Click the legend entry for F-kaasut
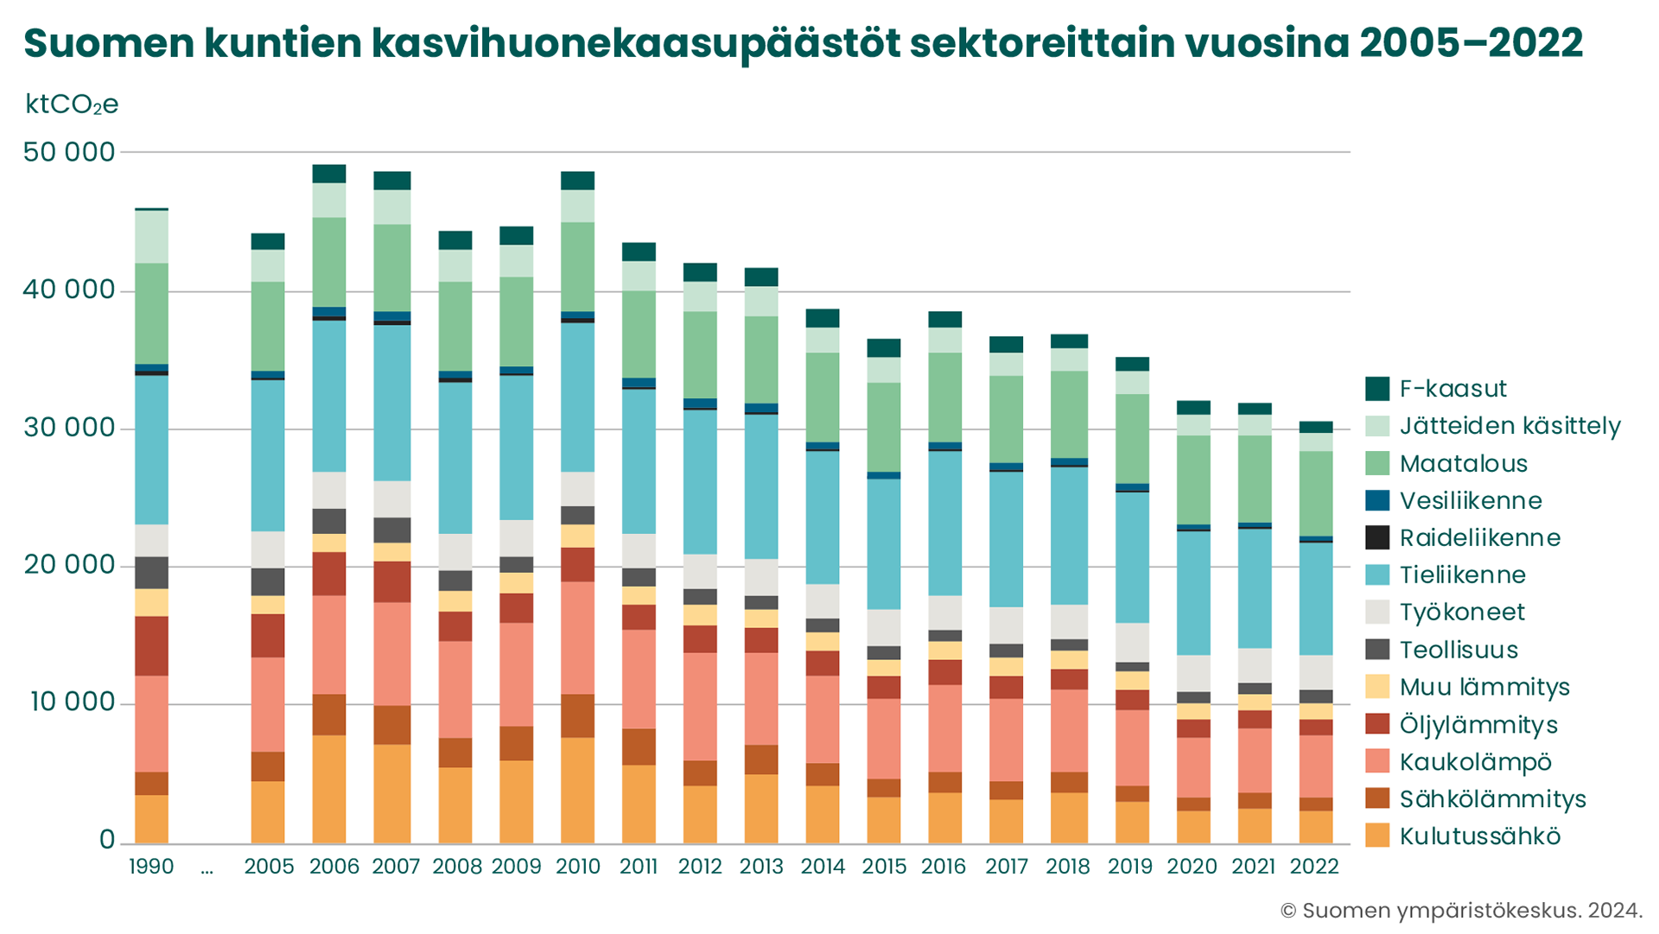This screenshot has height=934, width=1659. [1452, 389]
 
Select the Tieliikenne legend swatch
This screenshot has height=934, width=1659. [1377, 575]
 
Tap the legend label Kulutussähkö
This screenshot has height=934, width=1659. [1480, 836]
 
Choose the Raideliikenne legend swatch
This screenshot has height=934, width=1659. [1377, 538]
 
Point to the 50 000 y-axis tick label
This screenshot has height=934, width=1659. [69, 152]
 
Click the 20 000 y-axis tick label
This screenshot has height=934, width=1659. [69, 565]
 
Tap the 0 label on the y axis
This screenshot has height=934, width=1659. [107, 840]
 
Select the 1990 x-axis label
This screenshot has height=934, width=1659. [151, 867]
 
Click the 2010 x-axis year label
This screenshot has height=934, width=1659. [578, 867]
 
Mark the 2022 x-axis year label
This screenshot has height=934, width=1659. [1314, 867]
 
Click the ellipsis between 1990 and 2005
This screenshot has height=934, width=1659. [207, 868]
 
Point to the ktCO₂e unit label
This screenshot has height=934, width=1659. [72, 105]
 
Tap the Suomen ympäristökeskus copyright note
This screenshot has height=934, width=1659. [1461, 911]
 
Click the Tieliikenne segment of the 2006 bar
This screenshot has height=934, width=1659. [329, 396]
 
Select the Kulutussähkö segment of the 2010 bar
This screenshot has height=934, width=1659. [578, 790]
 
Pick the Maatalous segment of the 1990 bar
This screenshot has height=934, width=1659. [152, 314]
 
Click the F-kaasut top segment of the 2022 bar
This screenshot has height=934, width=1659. [1316, 427]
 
